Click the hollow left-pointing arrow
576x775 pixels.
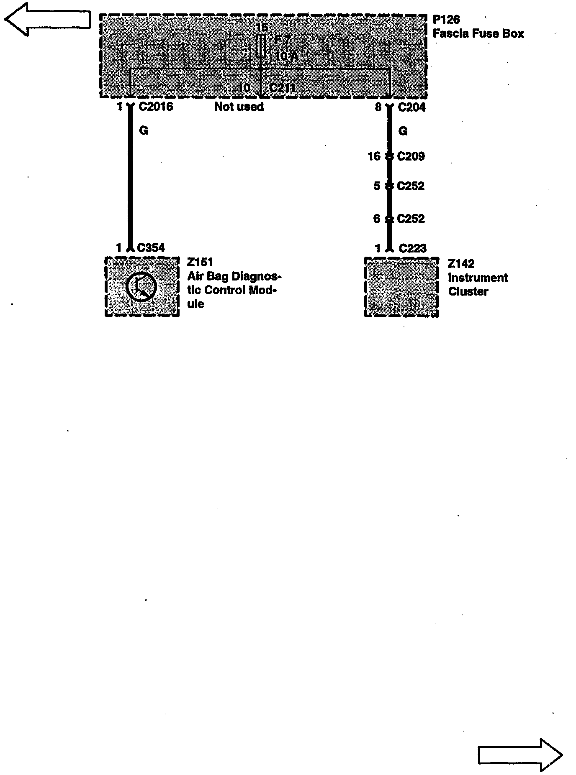pyautogui.click(x=47, y=19)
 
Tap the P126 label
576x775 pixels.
pyautogui.click(x=446, y=20)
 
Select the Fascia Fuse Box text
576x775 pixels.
pyautogui.click(x=478, y=33)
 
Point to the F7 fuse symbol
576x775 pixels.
pyautogui.click(x=261, y=46)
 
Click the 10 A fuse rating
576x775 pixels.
pyautogui.click(x=287, y=56)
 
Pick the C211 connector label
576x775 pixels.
pyautogui.click(x=283, y=88)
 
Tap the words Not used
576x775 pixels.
pyautogui.click(x=239, y=107)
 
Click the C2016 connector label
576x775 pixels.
pyautogui.click(x=156, y=107)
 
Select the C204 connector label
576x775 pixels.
pyautogui.click(x=411, y=107)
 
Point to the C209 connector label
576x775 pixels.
pyautogui.click(x=411, y=156)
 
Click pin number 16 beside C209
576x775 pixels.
pyautogui.click(x=374, y=156)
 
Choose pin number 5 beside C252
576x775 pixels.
pyautogui.click(x=377, y=186)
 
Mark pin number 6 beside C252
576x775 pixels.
pyautogui.click(x=377, y=219)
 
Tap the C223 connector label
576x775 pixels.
pyautogui.click(x=412, y=249)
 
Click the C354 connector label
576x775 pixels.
pyautogui.click(x=151, y=248)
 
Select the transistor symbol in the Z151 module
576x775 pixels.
pyautogui.click(x=141, y=287)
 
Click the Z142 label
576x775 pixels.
pyautogui.click(x=461, y=264)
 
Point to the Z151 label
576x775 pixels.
pyautogui.click(x=200, y=263)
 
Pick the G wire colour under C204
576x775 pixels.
pyautogui.click(x=403, y=131)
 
